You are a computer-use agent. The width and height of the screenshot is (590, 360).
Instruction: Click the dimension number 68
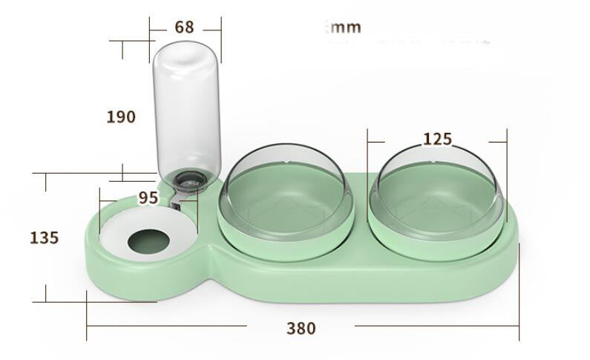[184, 27]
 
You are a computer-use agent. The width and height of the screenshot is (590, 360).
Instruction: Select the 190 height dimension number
[121, 117]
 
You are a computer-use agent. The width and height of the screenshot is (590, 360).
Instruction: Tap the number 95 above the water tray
[148, 198]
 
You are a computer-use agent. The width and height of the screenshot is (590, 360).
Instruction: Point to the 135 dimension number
[44, 238]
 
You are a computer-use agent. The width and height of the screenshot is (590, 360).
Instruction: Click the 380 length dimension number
[301, 328]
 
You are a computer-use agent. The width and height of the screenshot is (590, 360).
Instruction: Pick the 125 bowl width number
[437, 139]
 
